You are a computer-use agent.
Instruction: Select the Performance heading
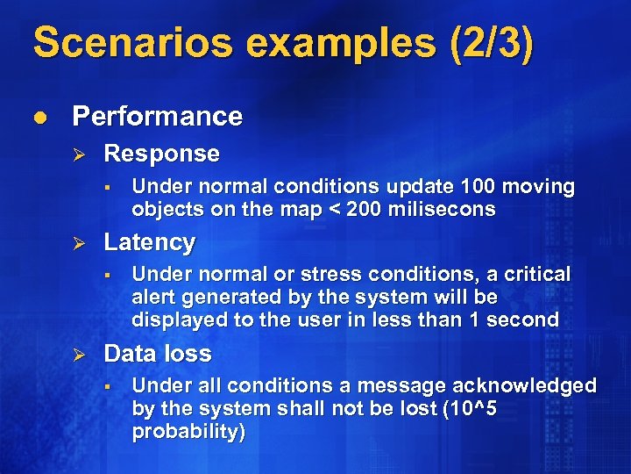pyautogui.click(x=157, y=116)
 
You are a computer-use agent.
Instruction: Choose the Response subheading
pyautogui.click(x=161, y=154)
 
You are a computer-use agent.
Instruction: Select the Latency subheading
pyautogui.click(x=149, y=241)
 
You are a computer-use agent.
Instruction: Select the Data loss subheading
pyautogui.click(x=158, y=354)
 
